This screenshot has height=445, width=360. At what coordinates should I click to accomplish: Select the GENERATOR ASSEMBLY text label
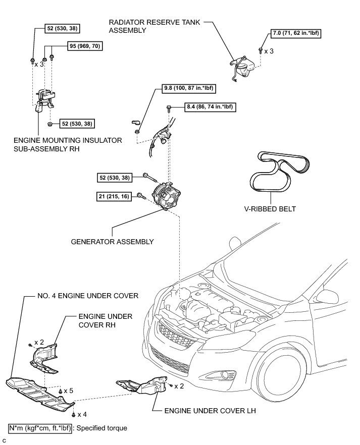pos(113,242)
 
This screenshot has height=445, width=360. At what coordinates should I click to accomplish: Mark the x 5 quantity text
pos(69,391)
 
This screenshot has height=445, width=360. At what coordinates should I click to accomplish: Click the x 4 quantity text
pos(82,414)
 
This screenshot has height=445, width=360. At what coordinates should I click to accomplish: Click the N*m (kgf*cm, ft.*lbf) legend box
pos(40,428)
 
